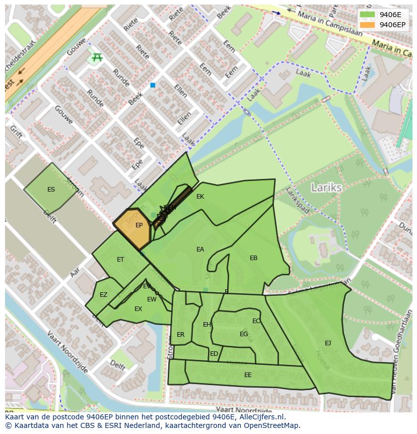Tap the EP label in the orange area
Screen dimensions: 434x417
click(x=139, y=225)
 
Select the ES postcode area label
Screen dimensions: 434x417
click(x=51, y=190)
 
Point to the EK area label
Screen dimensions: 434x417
click(x=200, y=197)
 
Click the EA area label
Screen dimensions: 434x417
click(x=200, y=250)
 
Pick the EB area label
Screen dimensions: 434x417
click(x=253, y=258)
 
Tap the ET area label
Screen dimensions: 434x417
click(x=120, y=260)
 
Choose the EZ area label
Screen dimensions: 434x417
click(x=103, y=295)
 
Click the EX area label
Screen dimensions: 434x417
click(x=138, y=309)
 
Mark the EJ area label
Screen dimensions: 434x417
click(x=328, y=343)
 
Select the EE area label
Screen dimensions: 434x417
click(x=248, y=375)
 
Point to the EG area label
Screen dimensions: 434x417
click(x=244, y=334)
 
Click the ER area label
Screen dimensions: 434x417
click(x=180, y=335)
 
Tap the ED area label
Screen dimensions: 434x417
click(x=214, y=354)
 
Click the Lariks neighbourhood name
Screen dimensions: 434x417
click(x=326, y=188)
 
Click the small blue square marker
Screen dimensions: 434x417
click(x=153, y=85)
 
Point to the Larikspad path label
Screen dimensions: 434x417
click(x=297, y=200)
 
